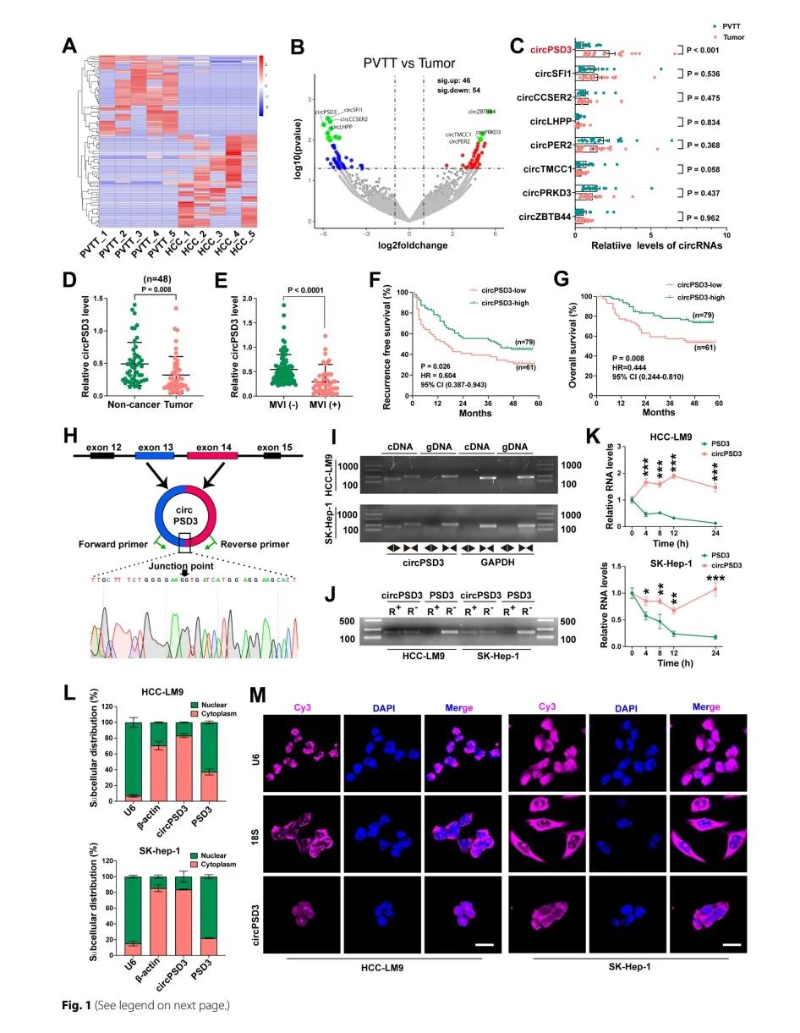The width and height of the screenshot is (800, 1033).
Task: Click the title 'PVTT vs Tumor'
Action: [410, 63]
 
